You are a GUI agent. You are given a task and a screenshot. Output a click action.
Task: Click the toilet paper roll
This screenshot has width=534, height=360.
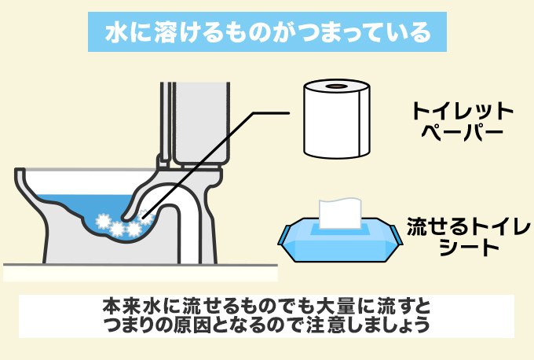tap(335, 126)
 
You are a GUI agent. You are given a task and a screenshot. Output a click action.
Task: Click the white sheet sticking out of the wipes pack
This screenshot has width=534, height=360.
tap(340, 211)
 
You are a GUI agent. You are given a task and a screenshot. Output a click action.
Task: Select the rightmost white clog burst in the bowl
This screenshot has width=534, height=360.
tap(134, 227)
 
